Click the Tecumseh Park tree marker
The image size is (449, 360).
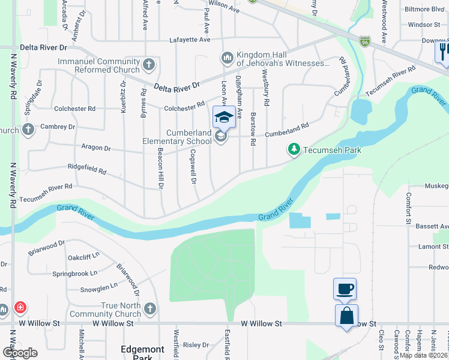294,149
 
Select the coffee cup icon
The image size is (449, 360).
345,289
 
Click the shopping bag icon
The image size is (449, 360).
347,316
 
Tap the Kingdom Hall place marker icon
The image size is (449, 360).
227,58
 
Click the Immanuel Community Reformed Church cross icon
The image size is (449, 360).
149,64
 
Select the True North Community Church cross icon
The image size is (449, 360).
150,308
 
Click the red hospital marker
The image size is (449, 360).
21,308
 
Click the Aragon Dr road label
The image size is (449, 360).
95,148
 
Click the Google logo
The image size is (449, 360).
20,353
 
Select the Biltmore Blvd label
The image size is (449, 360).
424,9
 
